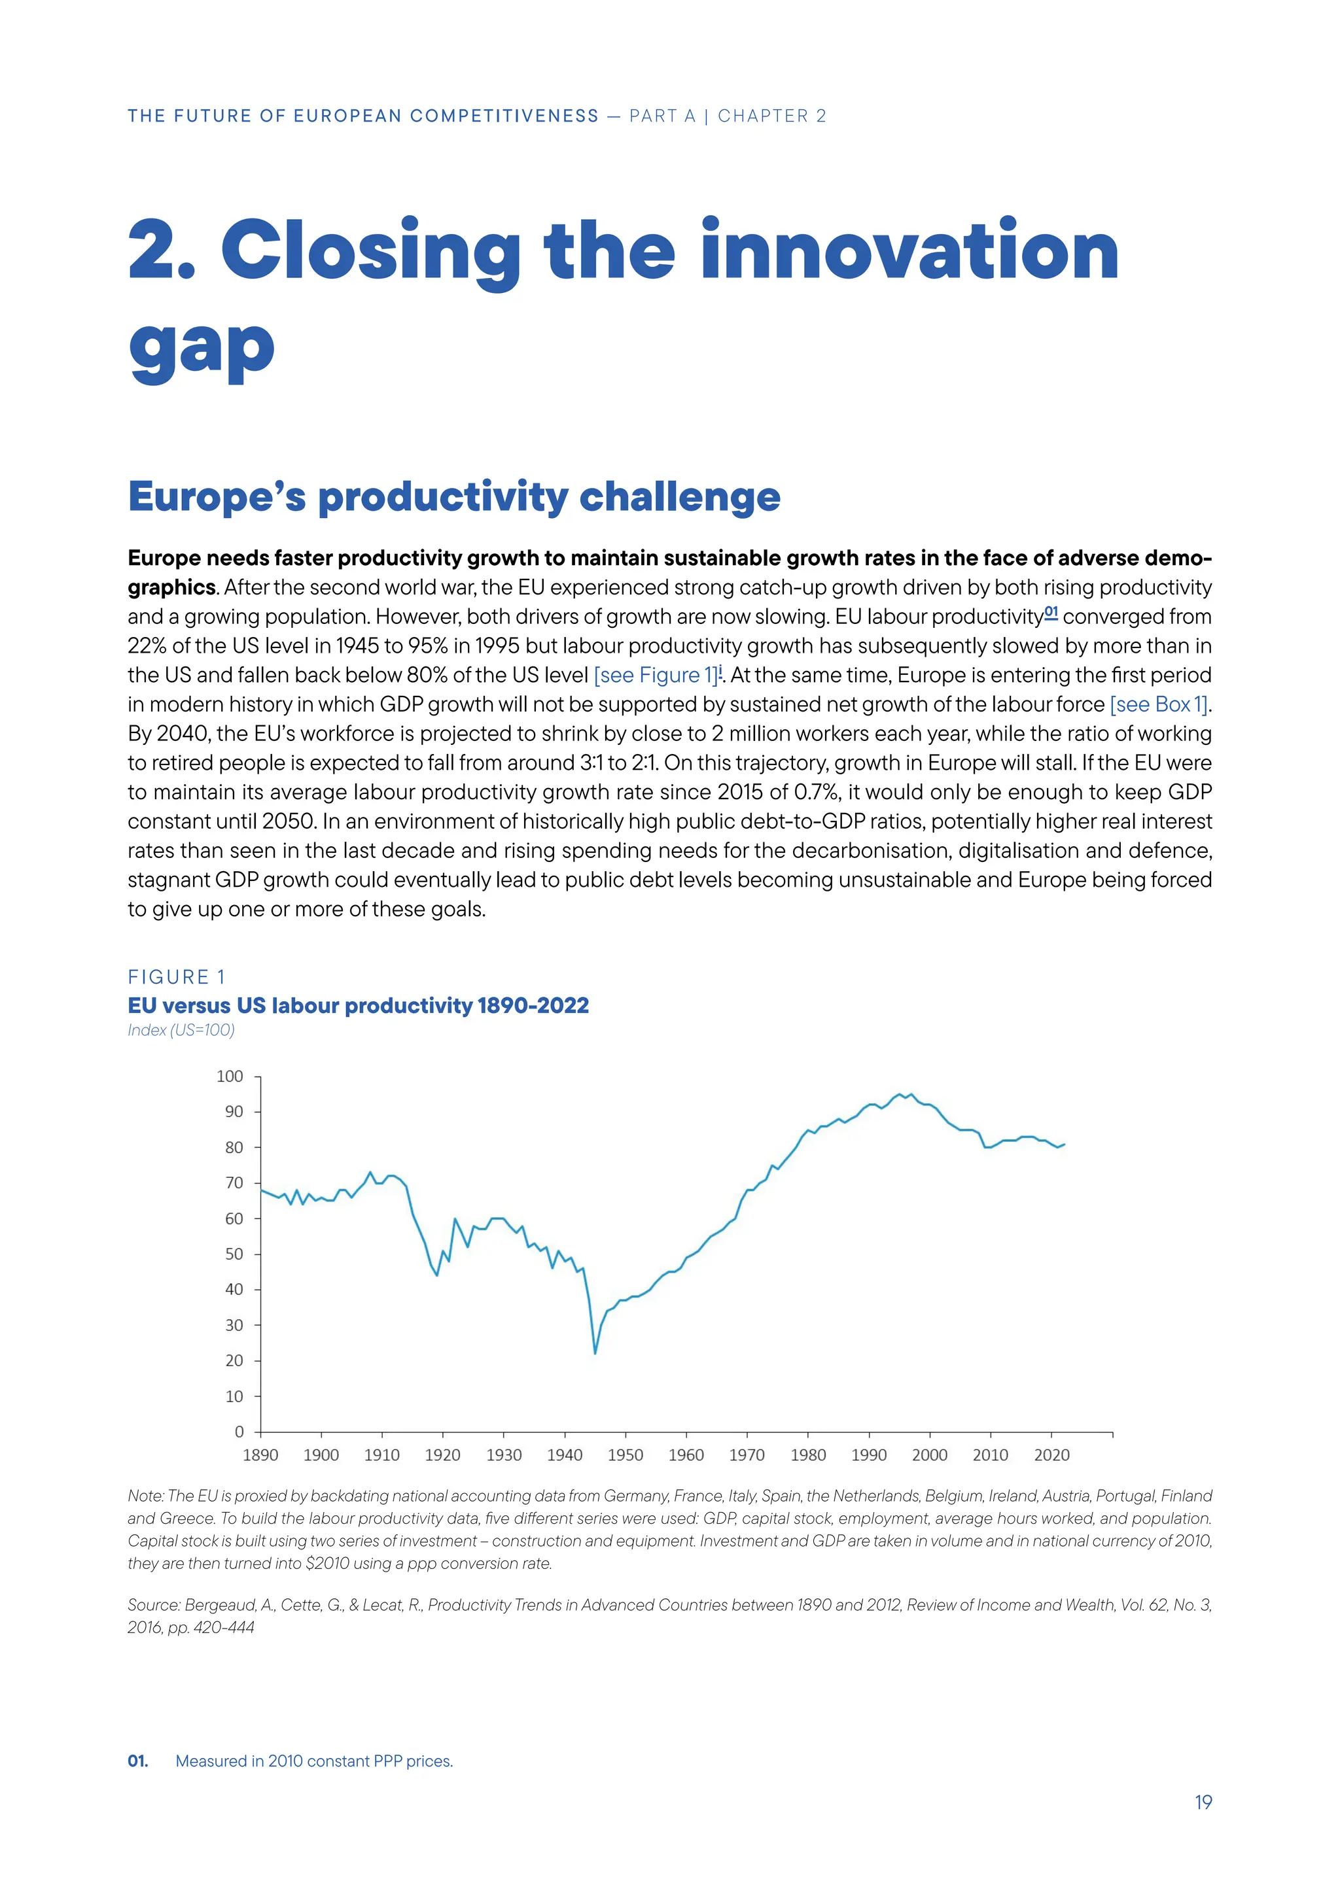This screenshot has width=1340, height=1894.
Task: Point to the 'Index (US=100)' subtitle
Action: (181, 1029)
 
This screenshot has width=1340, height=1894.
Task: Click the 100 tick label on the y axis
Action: (230, 1076)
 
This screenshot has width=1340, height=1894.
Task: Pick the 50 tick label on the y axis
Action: (234, 1254)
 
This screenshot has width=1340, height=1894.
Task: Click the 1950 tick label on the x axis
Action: (625, 1455)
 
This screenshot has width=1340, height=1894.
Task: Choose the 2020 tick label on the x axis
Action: (1051, 1455)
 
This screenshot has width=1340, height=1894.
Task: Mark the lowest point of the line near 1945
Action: (595, 1353)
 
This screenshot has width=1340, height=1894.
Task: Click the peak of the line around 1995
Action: (900, 1094)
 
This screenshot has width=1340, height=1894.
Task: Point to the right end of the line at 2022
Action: (1065, 1144)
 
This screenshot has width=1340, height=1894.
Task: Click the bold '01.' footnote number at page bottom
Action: (138, 1761)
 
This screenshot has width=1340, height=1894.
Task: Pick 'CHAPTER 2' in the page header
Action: (771, 116)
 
